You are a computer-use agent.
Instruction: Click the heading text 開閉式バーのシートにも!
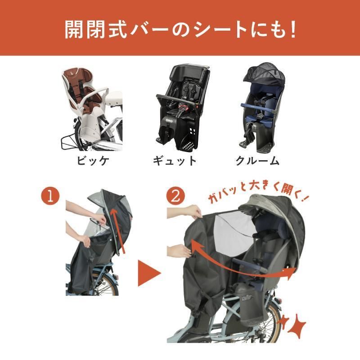click(180, 29)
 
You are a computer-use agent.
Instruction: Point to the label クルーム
click(257, 160)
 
